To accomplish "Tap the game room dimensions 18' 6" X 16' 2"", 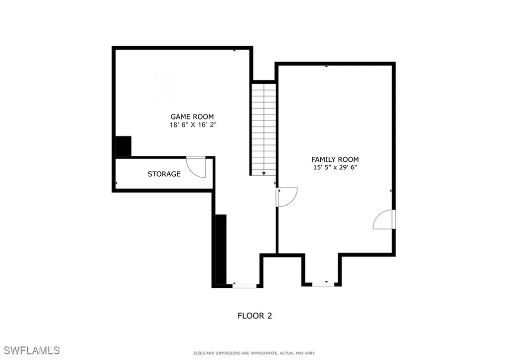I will point(192,125).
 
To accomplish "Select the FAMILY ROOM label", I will point(334,159).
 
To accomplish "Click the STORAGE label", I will point(164,174).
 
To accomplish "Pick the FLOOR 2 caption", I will point(255,315).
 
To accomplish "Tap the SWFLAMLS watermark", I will point(30,350).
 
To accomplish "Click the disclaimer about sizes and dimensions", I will point(254,353).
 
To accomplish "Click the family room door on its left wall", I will point(287,196).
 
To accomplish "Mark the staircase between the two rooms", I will point(263,128).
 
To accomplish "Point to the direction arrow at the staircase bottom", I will point(263,173).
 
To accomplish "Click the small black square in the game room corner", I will point(123,146).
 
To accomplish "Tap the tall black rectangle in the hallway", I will point(220,249).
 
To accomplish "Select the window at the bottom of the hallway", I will point(244,286).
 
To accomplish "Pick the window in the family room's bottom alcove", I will point(323,284).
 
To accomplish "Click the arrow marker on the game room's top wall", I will point(234,50).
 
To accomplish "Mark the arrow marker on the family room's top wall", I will point(326,66).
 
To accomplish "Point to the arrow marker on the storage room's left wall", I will point(117,184).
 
